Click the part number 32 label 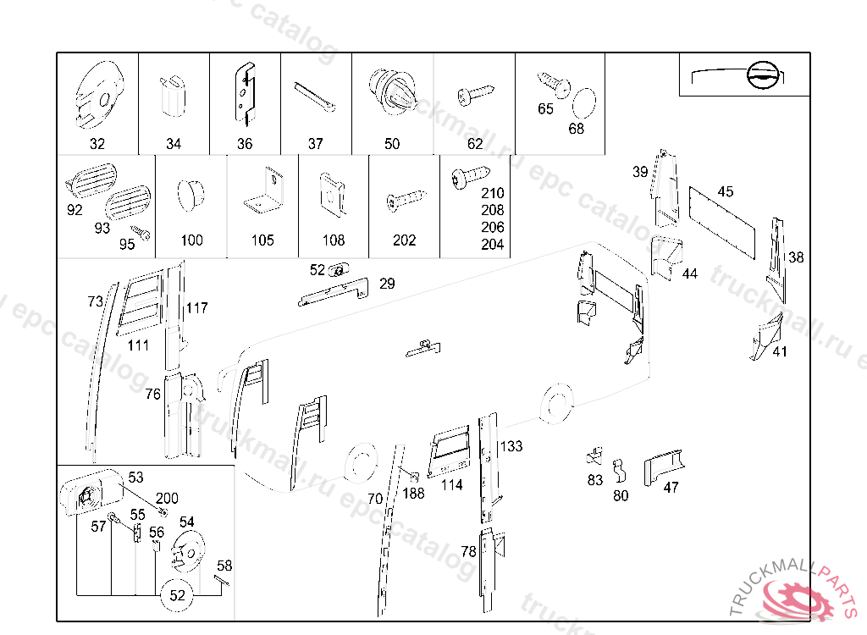click(x=97, y=144)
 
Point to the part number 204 click(x=492, y=245)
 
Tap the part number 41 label click(x=779, y=351)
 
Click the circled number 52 click(x=177, y=595)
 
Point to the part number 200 click(x=167, y=499)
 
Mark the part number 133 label click(x=511, y=446)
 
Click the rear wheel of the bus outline click(x=555, y=404)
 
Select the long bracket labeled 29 click(x=334, y=291)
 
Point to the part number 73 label click(x=96, y=301)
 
